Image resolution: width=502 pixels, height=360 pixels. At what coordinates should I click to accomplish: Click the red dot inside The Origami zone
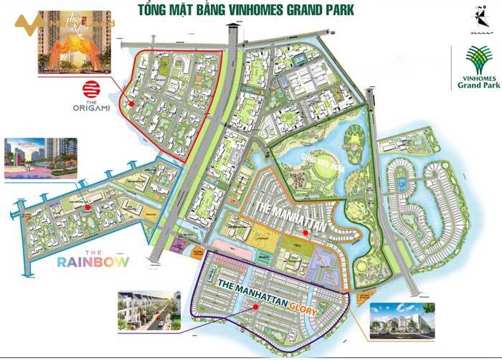click(x=131, y=103)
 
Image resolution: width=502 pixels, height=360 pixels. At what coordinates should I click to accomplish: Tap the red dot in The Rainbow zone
click(x=87, y=207)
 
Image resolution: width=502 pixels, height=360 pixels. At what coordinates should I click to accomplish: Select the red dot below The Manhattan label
click(x=306, y=232)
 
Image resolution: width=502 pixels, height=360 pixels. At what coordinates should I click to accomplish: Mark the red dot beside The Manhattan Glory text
click(x=255, y=306)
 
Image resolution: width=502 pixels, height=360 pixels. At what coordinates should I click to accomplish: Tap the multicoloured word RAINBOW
click(x=95, y=262)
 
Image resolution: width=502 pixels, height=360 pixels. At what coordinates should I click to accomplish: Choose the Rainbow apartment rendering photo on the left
click(x=40, y=157)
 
